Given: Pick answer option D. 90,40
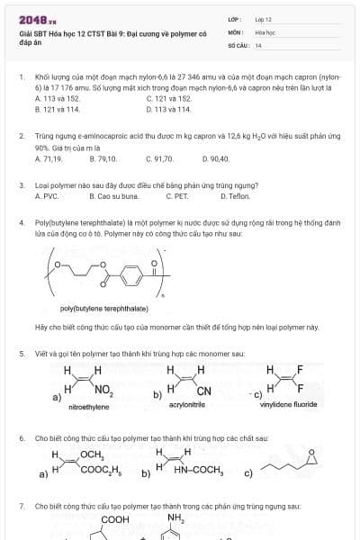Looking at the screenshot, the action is (x=216, y=158).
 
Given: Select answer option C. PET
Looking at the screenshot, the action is (x=177, y=195).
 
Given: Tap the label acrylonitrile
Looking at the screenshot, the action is (x=188, y=405).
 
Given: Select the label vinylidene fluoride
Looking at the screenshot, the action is (x=288, y=405).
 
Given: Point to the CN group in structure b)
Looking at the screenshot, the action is (x=203, y=391).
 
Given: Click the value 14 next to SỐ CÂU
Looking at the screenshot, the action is (x=258, y=44).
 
